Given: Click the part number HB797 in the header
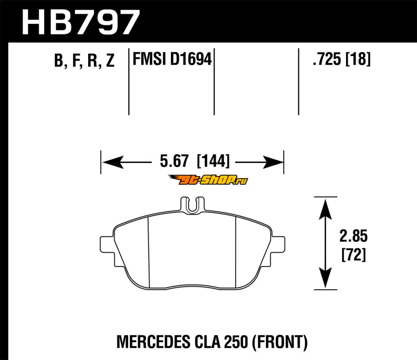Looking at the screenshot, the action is (80, 22).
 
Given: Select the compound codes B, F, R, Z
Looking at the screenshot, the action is (84, 60).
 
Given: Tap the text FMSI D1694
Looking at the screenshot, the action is (172, 59).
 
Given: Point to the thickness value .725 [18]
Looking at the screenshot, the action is (341, 59).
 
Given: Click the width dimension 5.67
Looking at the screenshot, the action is (174, 161).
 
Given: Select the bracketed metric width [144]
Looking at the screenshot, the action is (213, 161).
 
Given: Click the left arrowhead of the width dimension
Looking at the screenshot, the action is (113, 162).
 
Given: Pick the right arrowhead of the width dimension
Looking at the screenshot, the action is (273, 162).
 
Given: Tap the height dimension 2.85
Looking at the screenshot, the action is (353, 236).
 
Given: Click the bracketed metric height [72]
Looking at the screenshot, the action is (354, 254).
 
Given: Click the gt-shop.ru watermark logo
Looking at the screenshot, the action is (207, 180).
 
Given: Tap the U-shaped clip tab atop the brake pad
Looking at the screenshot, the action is (192, 205).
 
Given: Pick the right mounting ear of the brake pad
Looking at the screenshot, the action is (278, 244).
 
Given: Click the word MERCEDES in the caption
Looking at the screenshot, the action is (153, 342).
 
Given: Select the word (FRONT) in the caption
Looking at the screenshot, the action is (279, 342).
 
